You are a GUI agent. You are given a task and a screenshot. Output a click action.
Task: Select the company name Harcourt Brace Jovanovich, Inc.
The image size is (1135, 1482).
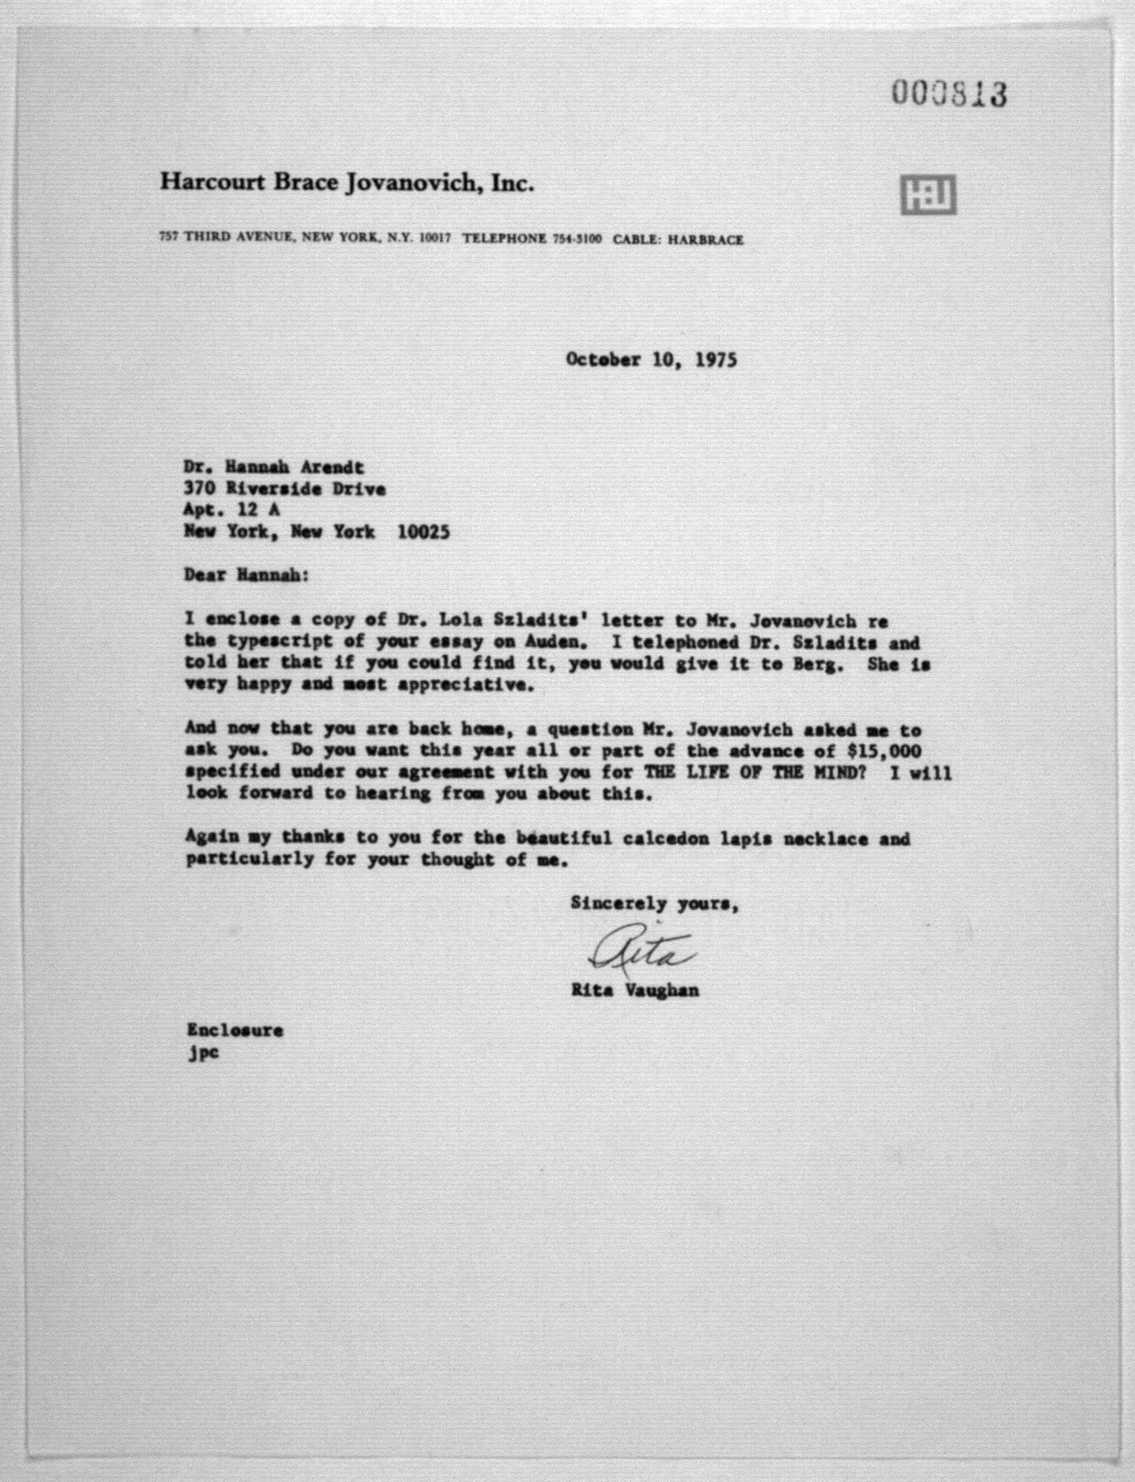click(347, 182)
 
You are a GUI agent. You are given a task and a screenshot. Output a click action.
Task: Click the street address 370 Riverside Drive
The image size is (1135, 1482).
click(284, 489)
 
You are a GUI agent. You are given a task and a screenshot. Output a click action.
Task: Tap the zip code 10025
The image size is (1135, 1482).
click(423, 532)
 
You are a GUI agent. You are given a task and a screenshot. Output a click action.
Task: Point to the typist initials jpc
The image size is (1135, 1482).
click(203, 1053)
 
